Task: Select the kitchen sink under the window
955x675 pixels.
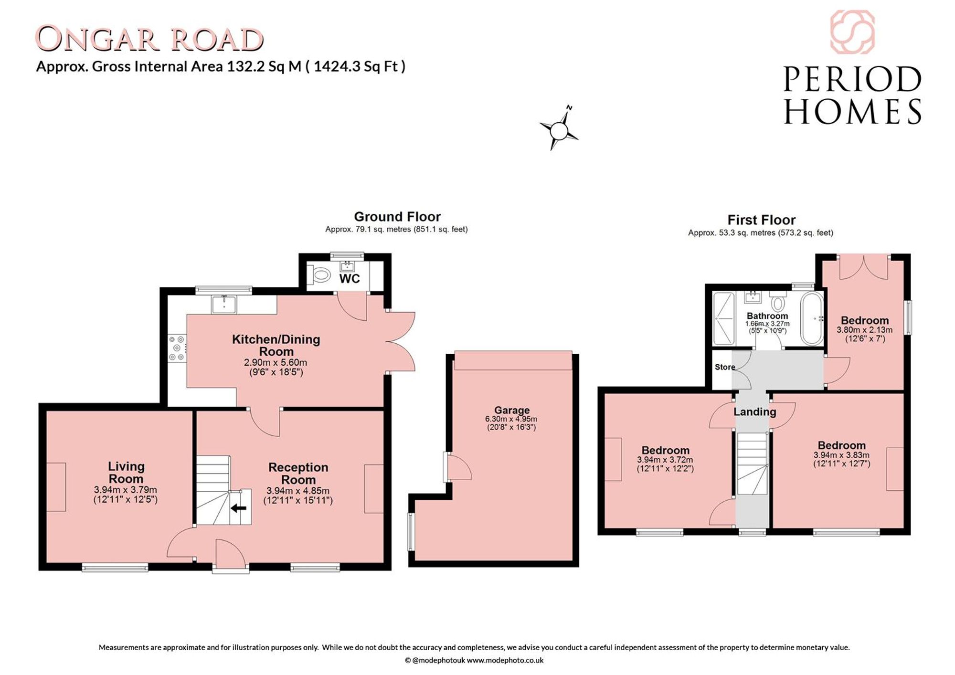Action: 224,304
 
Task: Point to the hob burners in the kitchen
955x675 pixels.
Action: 177,348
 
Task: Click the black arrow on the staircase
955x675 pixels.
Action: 238,508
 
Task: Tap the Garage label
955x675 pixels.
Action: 512,410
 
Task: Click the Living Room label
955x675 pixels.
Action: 126,472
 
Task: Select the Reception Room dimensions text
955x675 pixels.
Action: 298,496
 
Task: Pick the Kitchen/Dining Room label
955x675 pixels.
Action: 276,345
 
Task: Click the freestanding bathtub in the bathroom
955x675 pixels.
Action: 812,318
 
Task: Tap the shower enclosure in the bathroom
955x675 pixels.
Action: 724,318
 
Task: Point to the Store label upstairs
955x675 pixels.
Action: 724,367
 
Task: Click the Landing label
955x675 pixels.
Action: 755,411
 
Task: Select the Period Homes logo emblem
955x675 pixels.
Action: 852,32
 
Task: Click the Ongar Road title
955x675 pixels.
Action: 149,39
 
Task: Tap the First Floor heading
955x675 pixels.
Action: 762,220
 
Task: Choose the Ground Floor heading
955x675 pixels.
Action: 397,217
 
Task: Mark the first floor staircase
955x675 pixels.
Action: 752,464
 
